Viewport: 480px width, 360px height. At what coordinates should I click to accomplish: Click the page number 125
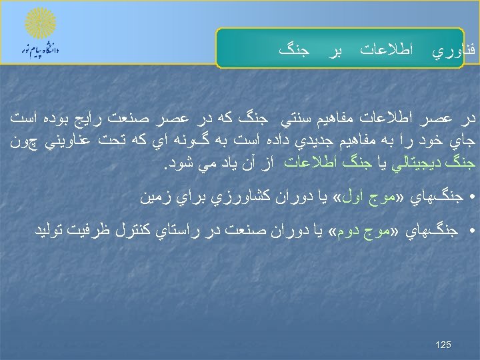pyautogui.click(x=443, y=345)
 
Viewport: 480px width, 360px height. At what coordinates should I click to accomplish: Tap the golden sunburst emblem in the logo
pyautogui.click(x=41, y=25)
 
